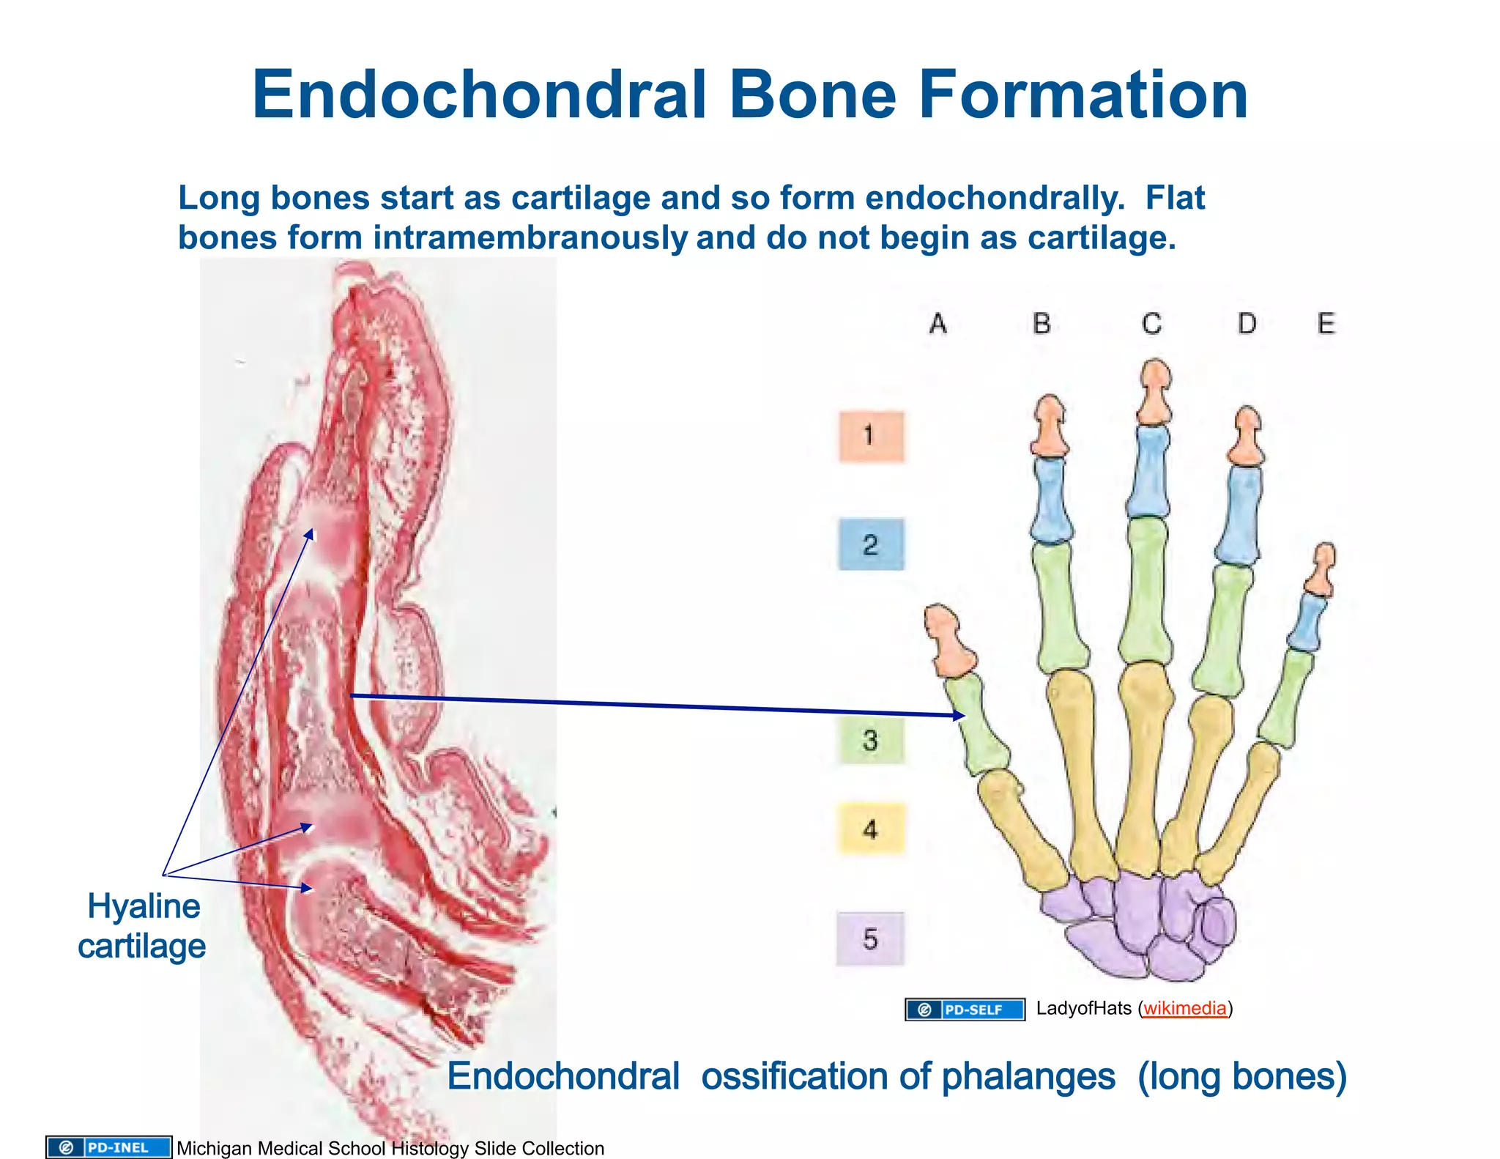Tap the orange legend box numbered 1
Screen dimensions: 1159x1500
871,436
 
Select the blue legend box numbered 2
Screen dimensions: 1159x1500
871,544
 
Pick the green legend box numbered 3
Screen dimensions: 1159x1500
870,740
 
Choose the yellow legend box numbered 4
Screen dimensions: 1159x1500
871,829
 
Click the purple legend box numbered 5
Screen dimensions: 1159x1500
870,938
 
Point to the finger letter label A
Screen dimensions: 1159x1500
938,323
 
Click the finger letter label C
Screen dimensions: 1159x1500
1151,323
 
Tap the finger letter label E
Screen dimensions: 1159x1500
1326,323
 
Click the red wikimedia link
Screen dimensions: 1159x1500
1184,1009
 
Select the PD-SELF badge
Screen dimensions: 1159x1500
965,1010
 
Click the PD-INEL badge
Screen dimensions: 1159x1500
108,1147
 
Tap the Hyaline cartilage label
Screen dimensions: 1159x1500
142,926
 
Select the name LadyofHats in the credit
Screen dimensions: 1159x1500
1083,1009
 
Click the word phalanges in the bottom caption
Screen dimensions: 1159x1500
1028,1076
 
